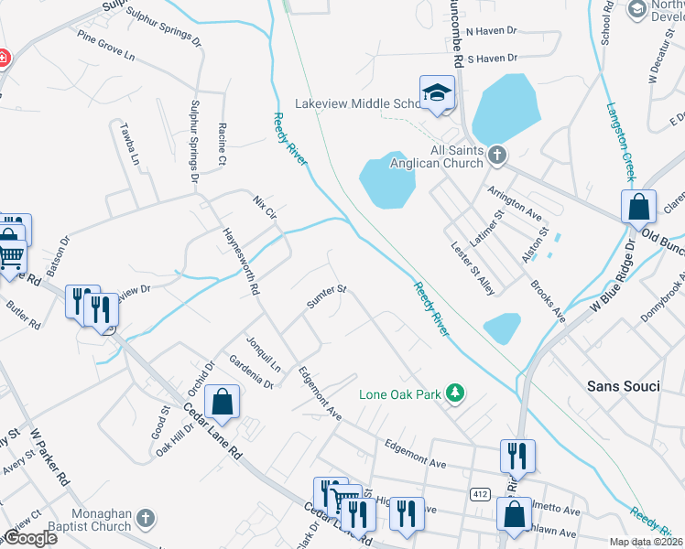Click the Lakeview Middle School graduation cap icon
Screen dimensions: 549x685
[x=438, y=92]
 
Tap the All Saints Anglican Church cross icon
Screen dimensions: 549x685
[x=497, y=155]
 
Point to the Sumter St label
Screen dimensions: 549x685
[x=326, y=297]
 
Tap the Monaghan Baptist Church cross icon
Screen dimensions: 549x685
[x=145, y=521]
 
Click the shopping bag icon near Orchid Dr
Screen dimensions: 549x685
[x=222, y=401]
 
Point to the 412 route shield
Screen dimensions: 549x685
[x=479, y=494]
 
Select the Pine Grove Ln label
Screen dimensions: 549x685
[x=106, y=48]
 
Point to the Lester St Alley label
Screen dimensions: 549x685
[x=473, y=268]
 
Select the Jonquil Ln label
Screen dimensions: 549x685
[x=264, y=353]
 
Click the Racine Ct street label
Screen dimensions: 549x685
[x=222, y=143]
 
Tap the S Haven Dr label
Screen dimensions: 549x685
[x=493, y=58]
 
